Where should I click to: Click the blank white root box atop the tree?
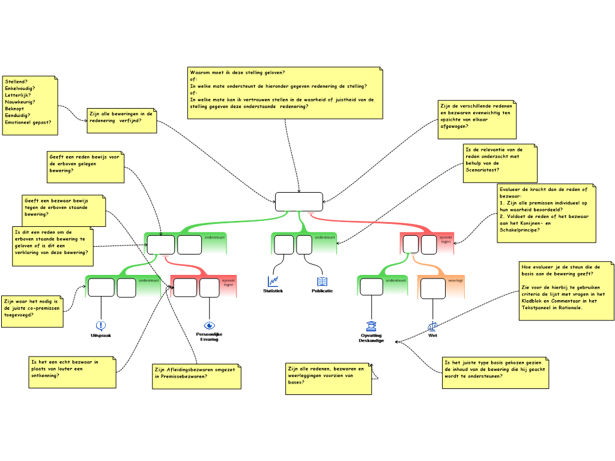point(298,202)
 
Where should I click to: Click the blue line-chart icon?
point(273,281)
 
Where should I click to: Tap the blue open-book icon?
point(322,282)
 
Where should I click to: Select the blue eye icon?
point(209,326)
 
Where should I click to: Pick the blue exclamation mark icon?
point(100,325)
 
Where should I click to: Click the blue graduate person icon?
point(371,326)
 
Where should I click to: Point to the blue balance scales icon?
point(432,326)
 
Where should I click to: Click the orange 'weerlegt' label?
point(455,280)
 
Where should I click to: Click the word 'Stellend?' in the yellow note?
point(16,81)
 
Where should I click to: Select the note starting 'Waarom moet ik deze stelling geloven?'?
point(285,93)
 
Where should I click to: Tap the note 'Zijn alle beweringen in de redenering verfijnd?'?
point(121,120)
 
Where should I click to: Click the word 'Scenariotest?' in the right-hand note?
point(482,170)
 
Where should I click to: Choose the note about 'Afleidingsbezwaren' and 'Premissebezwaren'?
point(196,376)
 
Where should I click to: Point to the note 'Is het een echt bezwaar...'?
point(71,372)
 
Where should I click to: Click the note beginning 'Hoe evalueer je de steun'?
point(566,291)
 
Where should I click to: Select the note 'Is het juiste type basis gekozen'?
point(495,372)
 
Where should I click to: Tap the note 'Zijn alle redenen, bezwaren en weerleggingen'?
point(328,379)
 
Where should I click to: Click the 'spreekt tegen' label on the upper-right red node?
point(446,240)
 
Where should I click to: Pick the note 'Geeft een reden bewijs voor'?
point(85,167)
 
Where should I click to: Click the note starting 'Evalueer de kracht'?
point(547,213)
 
